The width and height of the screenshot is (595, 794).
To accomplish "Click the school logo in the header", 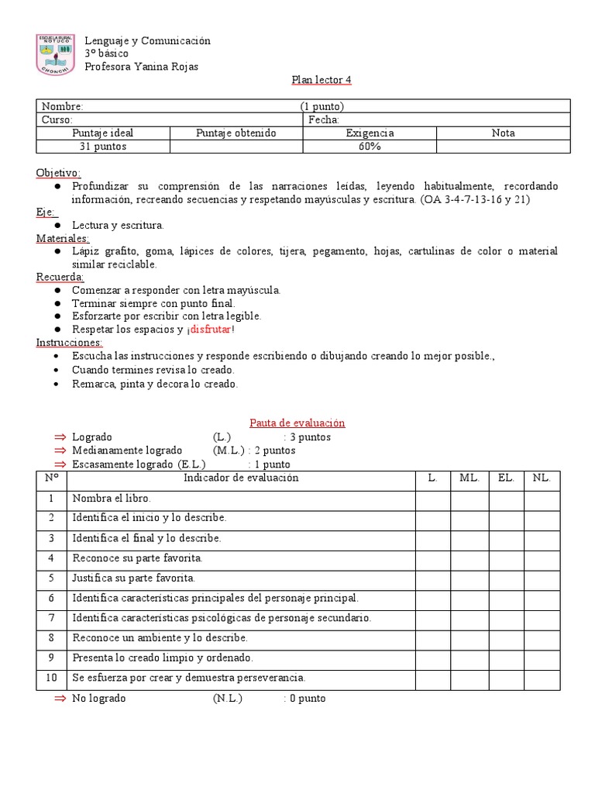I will pos(57,54).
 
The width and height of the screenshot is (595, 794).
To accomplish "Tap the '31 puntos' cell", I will pos(103,147).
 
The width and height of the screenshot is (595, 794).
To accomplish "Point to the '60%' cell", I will pos(370,147).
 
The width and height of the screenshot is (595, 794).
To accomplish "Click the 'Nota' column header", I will pos(503,133).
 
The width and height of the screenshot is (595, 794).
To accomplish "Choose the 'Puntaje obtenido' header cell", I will pos(236,133).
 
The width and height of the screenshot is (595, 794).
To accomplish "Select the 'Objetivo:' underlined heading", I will pos(58,172).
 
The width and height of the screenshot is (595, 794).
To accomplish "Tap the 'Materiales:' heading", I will pos(63,238).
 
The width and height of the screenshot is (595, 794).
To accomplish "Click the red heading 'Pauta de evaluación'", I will pos(297,423).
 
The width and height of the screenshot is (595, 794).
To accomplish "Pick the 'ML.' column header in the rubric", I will pos(469,478).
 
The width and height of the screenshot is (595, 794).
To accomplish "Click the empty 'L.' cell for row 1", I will pos(432,499).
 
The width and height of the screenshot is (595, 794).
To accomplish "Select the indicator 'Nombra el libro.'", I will pos(111,499).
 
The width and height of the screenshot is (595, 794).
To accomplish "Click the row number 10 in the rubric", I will pos(51,677).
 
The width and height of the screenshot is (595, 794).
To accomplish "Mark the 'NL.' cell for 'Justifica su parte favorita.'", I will pos(542,578).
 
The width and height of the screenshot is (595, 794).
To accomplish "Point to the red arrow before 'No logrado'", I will pos(60,698).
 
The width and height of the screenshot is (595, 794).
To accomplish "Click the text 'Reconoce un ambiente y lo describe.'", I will pos(160,637).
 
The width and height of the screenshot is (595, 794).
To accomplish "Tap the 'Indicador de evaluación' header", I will pos(241,478).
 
